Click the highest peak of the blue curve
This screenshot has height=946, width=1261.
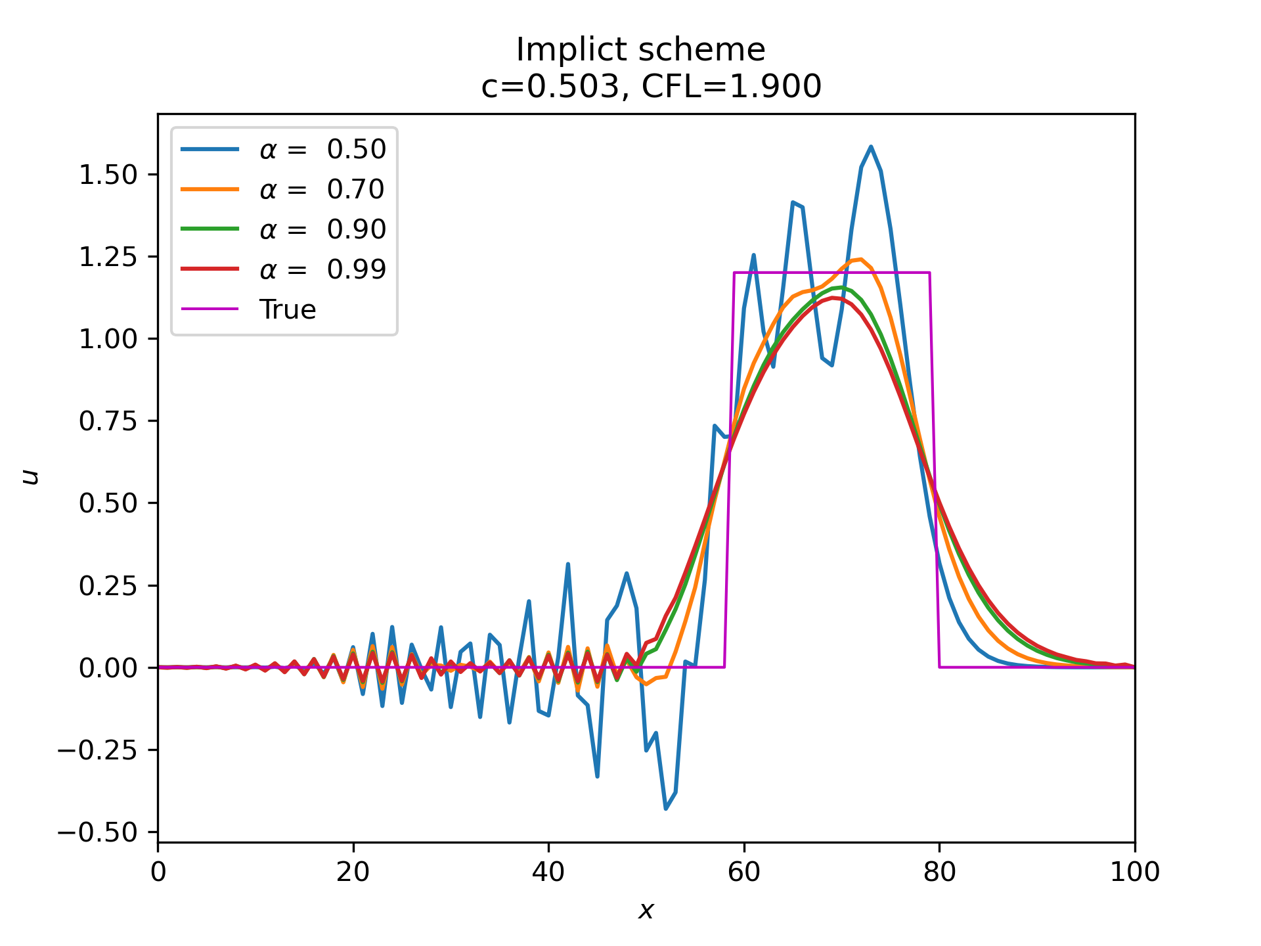871,146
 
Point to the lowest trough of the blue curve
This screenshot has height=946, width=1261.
665,809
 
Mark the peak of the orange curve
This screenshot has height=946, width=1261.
860,259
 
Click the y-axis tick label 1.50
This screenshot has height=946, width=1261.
108,175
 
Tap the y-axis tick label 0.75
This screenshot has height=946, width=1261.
108,421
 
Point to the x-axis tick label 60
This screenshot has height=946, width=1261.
743,872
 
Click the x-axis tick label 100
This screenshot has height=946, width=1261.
1134,872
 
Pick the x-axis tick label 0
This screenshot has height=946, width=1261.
158,872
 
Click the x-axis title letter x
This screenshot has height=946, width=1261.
646,911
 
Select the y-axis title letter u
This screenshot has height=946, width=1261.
30,477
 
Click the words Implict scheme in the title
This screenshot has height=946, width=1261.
640,50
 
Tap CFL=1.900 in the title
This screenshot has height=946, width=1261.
731,87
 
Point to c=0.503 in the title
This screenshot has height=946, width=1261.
550,87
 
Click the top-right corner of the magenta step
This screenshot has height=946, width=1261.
929,272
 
